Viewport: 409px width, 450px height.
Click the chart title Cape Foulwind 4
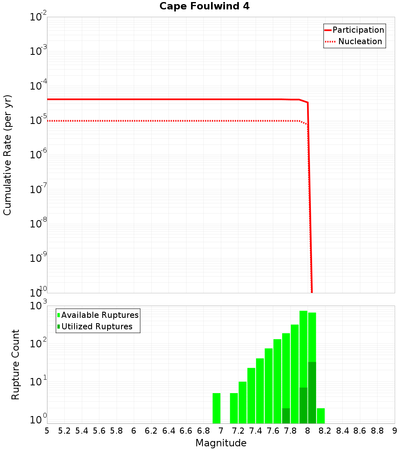pos(204,7)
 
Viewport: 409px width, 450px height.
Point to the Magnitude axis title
pos(221,443)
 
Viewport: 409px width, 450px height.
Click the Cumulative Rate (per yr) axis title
pos(7,155)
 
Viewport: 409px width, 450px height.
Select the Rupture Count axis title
pos(16,364)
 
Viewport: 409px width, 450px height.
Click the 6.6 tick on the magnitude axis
pos(186,431)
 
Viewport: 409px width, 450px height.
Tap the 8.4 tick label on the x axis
pos(343,431)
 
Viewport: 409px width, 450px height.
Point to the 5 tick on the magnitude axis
pos(47,431)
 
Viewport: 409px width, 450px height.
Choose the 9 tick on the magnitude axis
pos(395,431)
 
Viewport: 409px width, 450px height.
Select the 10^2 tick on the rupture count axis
pos(38,343)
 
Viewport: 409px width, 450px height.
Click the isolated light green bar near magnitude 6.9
pos(216,408)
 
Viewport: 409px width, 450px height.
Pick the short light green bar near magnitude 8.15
pos(321,416)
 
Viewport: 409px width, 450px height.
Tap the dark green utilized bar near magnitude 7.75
pos(286,416)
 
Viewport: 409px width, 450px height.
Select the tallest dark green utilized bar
pos(312,393)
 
